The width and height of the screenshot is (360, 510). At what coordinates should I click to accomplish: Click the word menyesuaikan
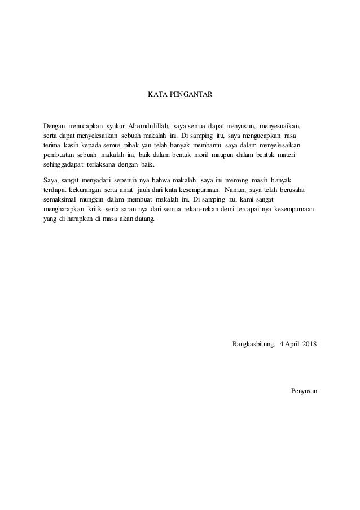click(x=280, y=125)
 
